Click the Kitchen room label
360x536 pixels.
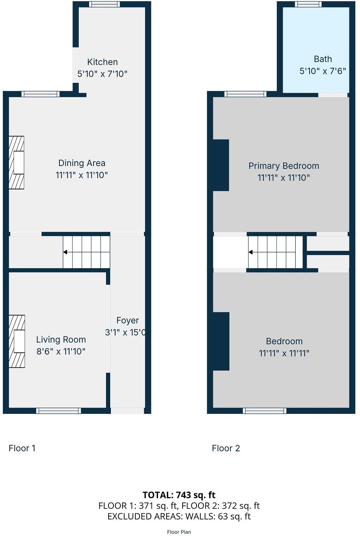(x=102, y=62)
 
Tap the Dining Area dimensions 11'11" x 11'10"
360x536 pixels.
(x=82, y=175)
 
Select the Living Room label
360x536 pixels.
(x=61, y=339)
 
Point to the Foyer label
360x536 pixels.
(x=127, y=321)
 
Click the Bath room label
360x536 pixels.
(x=323, y=59)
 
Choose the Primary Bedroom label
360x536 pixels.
(x=283, y=166)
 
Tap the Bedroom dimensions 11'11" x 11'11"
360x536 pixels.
(x=284, y=353)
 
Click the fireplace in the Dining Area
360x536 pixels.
(x=17, y=162)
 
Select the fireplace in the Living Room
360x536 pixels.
(x=17, y=341)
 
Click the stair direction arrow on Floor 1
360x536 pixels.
(x=65, y=252)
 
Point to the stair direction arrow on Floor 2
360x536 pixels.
(x=251, y=252)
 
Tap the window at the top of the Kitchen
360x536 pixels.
(x=105, y=4)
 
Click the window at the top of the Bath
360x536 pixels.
(x=308, y=4)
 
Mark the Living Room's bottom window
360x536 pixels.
(x=59, y=411)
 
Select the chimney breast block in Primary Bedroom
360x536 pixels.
(x=221, y=165)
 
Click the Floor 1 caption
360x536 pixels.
(x=22, y=448)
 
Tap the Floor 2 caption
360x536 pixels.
(x=226, y=448)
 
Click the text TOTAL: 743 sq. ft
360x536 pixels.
(x=179, y=495)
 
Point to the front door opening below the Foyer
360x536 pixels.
(x=127, y=411)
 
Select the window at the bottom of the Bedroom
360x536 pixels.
(x=264, y=411)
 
